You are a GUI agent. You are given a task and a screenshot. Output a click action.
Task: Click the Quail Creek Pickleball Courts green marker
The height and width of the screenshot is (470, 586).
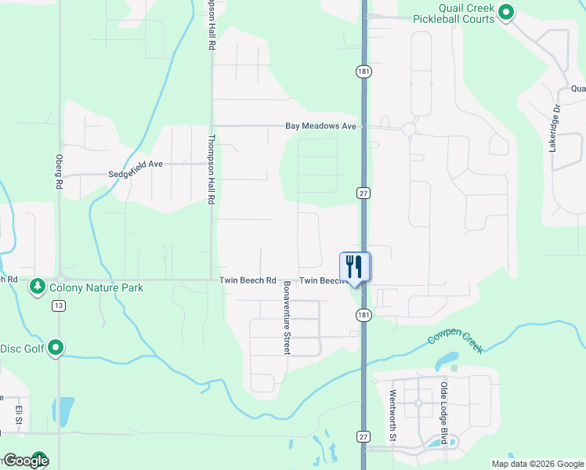(506, 12)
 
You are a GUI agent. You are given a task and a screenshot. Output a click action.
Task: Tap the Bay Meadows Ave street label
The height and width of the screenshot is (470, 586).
(320, 125)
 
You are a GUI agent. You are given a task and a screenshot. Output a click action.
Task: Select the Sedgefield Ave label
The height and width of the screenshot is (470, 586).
(135, 164)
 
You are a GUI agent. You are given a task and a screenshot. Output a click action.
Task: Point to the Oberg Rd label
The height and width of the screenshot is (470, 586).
(59, 171)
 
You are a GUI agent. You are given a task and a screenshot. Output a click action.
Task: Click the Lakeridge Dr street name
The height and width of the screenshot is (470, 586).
(555, 128)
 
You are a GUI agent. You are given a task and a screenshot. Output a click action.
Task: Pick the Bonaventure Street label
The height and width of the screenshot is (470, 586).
(288, 317)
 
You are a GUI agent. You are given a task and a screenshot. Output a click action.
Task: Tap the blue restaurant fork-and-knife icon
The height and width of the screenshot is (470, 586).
(355, 266)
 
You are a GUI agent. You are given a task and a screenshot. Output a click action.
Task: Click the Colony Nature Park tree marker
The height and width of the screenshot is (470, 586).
(37, 287)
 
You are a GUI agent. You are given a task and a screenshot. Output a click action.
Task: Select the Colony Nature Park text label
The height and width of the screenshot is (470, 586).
(96, 287)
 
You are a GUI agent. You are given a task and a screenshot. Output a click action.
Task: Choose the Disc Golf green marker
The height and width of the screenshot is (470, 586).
(56, 347)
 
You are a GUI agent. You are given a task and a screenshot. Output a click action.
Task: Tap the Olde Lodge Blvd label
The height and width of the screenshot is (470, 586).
(444, 414)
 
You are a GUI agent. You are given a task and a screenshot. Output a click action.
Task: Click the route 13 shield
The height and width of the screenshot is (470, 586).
(59, 306)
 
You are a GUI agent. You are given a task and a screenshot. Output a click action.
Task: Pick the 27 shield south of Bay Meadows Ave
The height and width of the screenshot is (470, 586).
(363, 193)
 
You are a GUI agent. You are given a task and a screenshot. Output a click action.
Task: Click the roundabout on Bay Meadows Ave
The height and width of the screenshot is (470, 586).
(408, 130)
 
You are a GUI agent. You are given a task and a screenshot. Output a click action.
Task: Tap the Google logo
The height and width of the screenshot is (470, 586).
(25, 461)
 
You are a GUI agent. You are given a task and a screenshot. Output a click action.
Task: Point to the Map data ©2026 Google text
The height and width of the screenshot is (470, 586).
(537, 464)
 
